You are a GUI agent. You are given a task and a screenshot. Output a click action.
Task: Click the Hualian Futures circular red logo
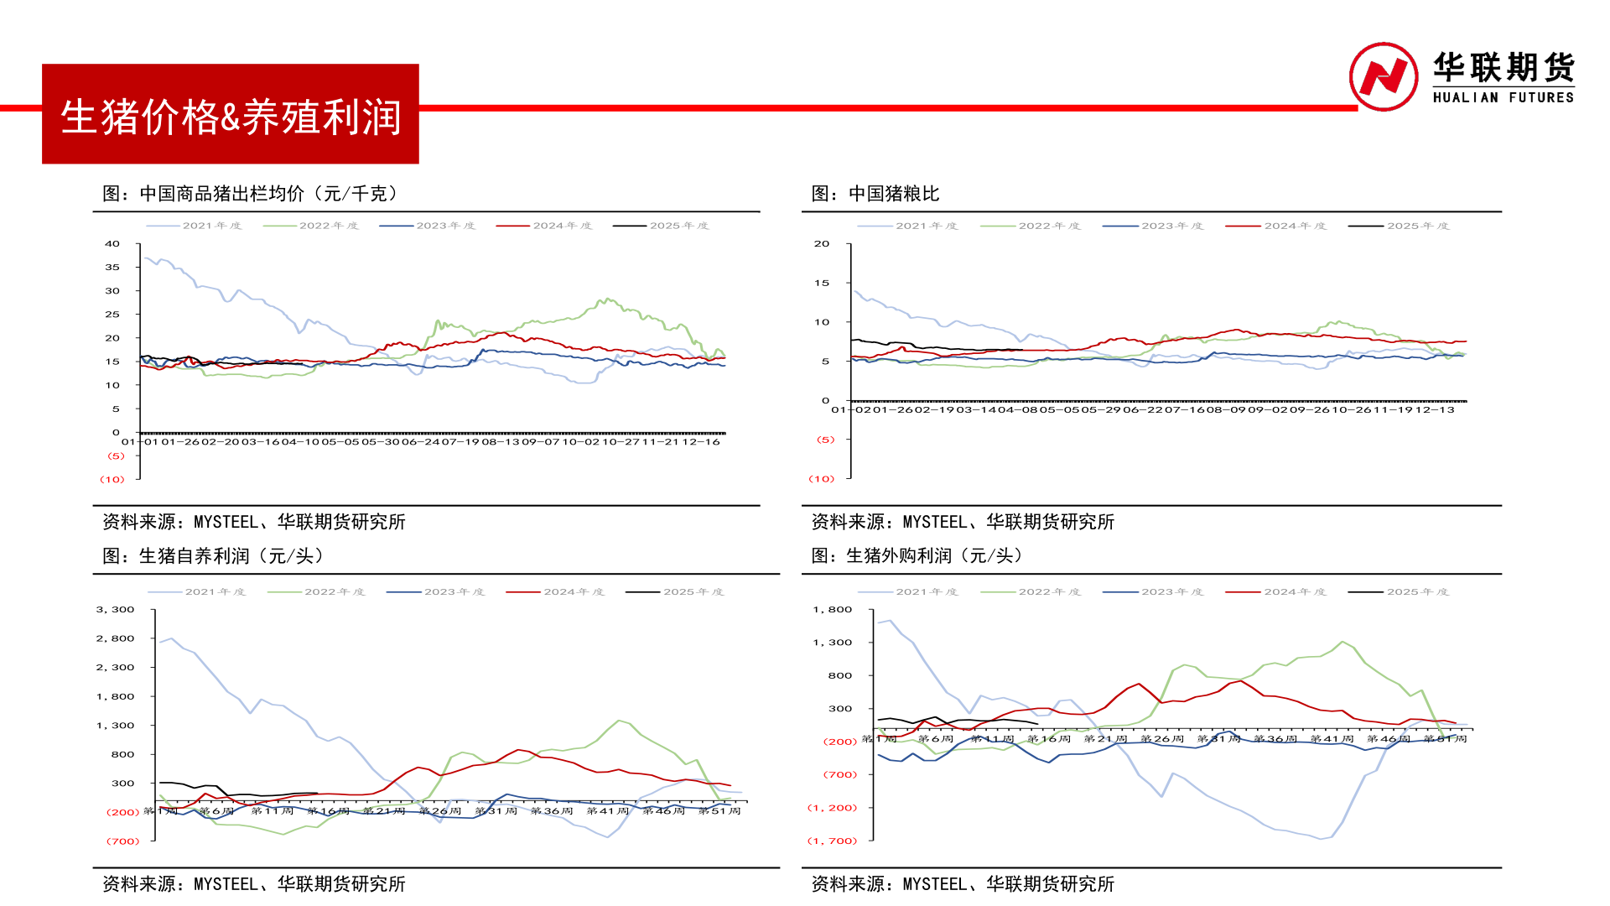coord(1383,77)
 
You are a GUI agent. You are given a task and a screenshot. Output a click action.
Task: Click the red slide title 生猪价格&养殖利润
coord(231,116)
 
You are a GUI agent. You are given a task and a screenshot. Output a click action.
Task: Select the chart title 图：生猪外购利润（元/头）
coord(917,555)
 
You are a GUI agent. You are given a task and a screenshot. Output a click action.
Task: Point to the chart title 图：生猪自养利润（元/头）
coord(213,555)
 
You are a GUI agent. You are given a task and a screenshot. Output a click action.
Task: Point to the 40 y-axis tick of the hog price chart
coord(112,244)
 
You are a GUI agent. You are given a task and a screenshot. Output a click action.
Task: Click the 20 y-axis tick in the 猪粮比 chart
coord(822,244)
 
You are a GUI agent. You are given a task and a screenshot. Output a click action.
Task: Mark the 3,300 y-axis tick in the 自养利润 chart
coord(116,610)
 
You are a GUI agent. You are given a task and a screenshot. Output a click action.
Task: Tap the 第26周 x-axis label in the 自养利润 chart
coord(440,811)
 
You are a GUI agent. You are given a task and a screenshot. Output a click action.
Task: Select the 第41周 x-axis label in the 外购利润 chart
coord(1332,739)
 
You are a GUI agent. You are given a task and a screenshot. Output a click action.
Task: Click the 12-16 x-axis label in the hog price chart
coord(701,442)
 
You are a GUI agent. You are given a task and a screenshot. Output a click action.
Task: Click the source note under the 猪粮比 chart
coord(963,522)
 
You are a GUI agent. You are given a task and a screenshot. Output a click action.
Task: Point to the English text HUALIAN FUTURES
coord(1503,97)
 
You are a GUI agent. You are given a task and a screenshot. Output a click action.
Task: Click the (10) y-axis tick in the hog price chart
coord(112,480)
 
